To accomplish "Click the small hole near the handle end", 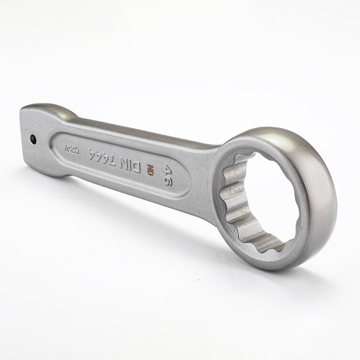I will [33, 139].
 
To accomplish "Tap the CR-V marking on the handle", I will [75, 150].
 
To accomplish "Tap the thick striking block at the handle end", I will [36, 135].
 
